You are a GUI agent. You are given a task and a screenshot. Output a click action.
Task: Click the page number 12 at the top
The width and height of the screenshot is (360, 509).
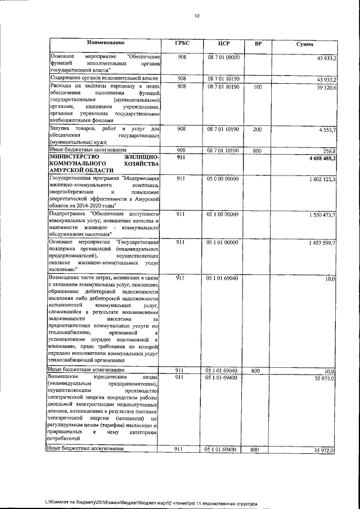[197, 16]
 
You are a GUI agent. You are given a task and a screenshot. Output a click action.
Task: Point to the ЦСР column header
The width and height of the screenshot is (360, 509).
[223, 44]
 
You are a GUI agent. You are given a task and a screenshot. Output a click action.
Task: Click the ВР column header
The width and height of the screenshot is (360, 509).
[258, 44]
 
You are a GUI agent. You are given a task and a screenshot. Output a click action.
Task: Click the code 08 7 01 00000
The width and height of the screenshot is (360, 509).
[223, 57]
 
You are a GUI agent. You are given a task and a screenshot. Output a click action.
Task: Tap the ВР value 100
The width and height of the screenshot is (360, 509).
[258, 87]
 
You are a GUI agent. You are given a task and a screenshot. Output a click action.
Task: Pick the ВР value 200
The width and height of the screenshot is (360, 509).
[258, 129]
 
